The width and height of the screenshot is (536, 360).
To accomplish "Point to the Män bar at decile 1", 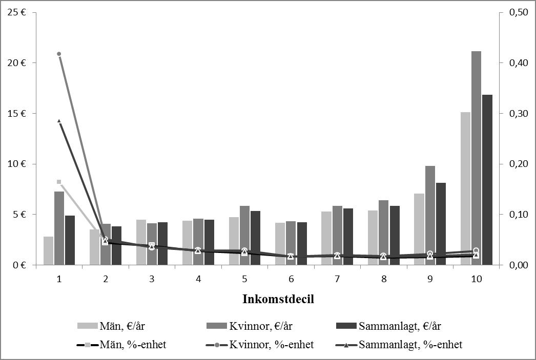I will tap(48, 250).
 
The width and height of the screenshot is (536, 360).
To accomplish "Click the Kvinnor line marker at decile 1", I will tap(59, 54).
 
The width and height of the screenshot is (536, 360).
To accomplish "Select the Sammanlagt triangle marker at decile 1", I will tap(59, 121).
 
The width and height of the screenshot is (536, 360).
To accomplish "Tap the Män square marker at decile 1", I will tap(59, 182).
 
